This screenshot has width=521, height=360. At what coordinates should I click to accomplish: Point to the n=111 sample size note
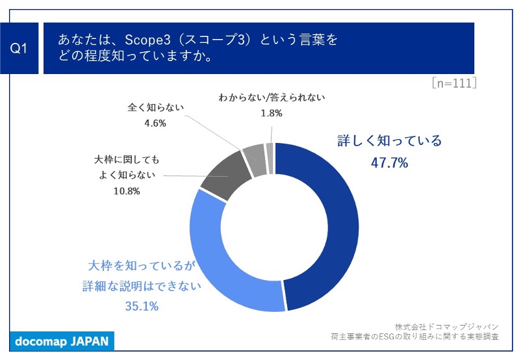coord(454,83)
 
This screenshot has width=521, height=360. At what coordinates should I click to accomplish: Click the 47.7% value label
coord(389,163)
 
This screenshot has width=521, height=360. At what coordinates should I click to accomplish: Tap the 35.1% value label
coord(142,306)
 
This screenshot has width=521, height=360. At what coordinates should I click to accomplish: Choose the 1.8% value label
coord(271,113)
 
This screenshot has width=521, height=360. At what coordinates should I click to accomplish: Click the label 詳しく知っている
coord(389,141)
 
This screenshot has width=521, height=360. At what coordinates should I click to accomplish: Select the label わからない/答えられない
coord(271,97)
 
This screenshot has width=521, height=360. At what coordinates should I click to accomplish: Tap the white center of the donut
coord(274,227)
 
